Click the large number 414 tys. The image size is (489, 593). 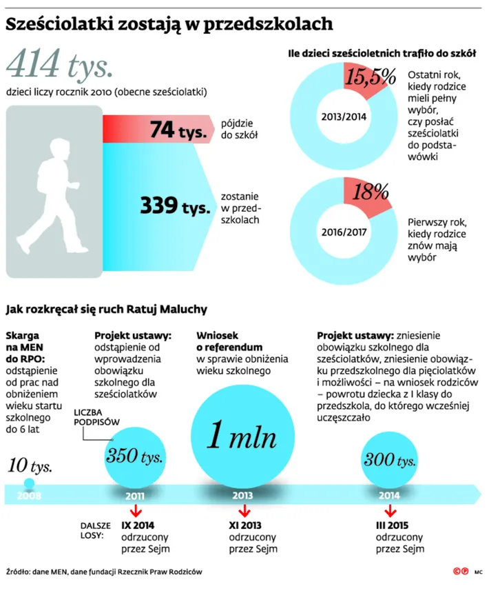click(x=59, y=67)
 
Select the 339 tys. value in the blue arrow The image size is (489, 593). click(x=175, y=205)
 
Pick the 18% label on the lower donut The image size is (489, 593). click(x=371, y=192)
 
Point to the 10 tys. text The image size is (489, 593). click(x=30, y=465)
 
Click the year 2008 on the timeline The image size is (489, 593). click(x=28, y=494)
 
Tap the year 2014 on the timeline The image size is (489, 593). click(x=389, y=494)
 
